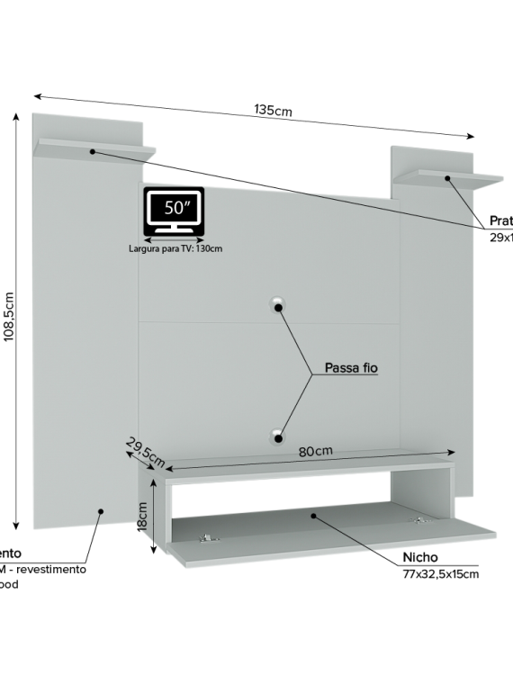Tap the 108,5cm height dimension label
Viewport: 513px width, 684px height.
10,316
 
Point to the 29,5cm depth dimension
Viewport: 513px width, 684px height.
145,453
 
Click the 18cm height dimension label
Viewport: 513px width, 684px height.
142,517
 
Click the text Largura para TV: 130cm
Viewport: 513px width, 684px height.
175,248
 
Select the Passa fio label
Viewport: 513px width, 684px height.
350,369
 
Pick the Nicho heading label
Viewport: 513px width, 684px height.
420,558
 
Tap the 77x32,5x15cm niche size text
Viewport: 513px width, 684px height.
440,573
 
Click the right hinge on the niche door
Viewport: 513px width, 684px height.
421,521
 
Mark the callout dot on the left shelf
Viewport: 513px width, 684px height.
92,152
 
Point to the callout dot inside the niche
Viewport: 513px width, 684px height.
313,516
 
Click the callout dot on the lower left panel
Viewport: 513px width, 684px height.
101,511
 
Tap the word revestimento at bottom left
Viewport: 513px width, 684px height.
54,569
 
